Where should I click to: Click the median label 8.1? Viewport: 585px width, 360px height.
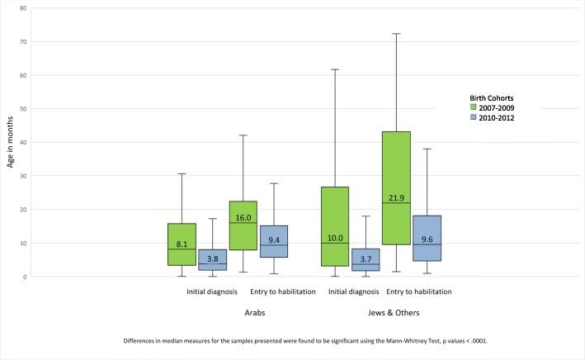182,244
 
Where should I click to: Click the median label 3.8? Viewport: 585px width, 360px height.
213,258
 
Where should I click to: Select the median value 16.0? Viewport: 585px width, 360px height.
243,218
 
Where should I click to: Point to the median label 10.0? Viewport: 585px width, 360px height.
334,238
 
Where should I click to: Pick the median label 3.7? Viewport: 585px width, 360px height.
365,258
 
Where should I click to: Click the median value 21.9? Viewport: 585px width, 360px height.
395,198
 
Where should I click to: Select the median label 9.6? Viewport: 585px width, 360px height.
426,239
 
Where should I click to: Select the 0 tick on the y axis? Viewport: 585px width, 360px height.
25,277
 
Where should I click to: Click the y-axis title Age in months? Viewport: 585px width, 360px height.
11,142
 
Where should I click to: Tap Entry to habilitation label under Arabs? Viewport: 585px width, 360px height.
282,291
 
